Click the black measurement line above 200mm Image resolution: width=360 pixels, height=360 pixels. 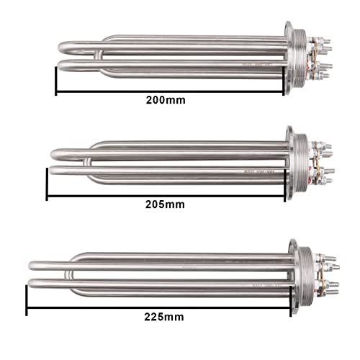(169, 91)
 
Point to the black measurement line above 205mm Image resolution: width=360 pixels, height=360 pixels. (168, 195)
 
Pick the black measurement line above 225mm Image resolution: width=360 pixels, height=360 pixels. (163, 307)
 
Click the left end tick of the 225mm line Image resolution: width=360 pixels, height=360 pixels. (27, 299)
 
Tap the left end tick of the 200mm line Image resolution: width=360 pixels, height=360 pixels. (56, 81)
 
